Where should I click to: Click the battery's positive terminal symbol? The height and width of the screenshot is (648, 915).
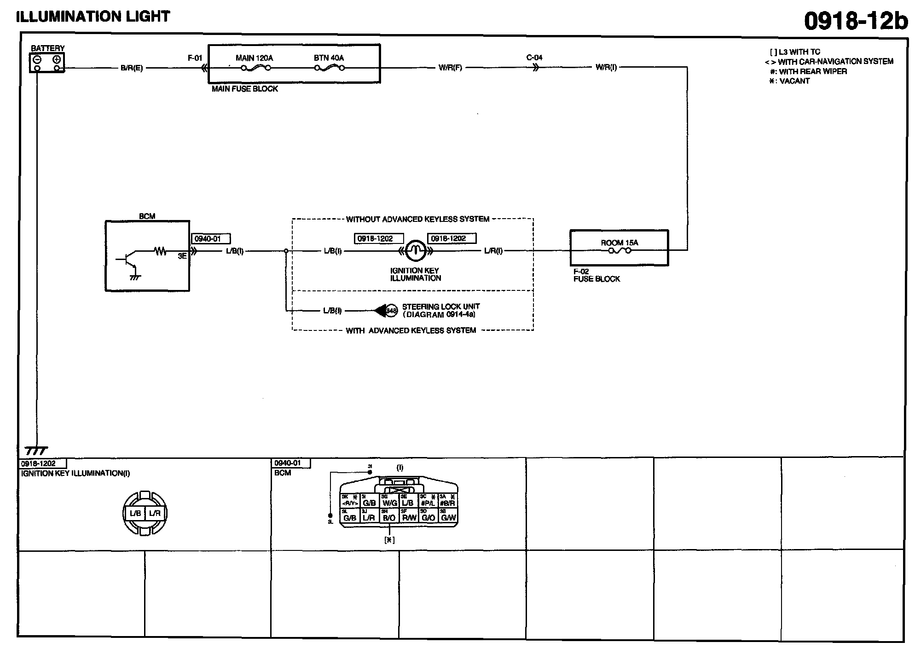point(57,59)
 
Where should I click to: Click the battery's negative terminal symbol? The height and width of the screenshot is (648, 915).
point(37,59)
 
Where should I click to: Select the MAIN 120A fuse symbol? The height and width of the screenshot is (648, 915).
point(255,68)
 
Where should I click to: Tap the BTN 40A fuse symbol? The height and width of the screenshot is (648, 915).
point(329,68)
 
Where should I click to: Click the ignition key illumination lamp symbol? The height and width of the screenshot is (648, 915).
point(416,250)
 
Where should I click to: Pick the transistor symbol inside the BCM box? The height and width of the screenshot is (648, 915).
point(129,260)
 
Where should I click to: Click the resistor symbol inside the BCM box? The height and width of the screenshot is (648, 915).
point(160,251)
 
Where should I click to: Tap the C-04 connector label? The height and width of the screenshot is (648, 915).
point(534,58)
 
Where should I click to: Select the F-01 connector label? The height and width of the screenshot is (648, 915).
point(195,58)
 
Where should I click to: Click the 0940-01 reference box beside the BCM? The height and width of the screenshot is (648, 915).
point(210,239)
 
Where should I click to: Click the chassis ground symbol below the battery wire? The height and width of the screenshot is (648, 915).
point(36,450)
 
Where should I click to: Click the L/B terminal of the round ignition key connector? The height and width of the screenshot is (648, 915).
point(135,513)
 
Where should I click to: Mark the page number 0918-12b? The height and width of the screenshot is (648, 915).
point(855,21)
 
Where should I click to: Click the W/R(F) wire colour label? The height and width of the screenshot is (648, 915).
point(450,68)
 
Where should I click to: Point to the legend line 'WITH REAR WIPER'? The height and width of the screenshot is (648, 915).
point(812,71)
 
